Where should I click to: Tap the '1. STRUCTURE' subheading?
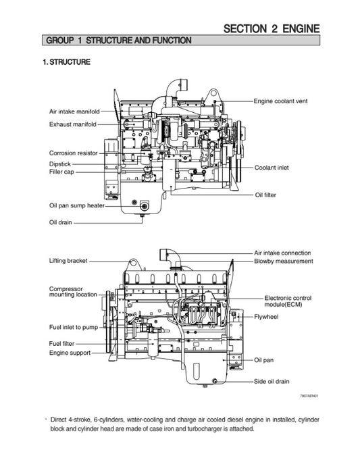click(x=66, y=62)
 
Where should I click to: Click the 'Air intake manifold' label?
click(x=74, y=111)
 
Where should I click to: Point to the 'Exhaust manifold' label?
click(x=72, y=124)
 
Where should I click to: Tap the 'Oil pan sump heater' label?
click(x=76, y=205)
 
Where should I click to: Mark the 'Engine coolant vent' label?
click(x=280, y=101)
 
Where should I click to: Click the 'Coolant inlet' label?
click(x=272, y=168)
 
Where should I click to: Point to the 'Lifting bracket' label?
click(x=68, y=260)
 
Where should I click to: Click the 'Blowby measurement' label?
click(x=284, y=261)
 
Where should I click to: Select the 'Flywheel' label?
click(x=266, y=315)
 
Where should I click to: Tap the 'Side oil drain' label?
click(x=272, y=381)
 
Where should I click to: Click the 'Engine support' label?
click(x=70, y=353)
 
